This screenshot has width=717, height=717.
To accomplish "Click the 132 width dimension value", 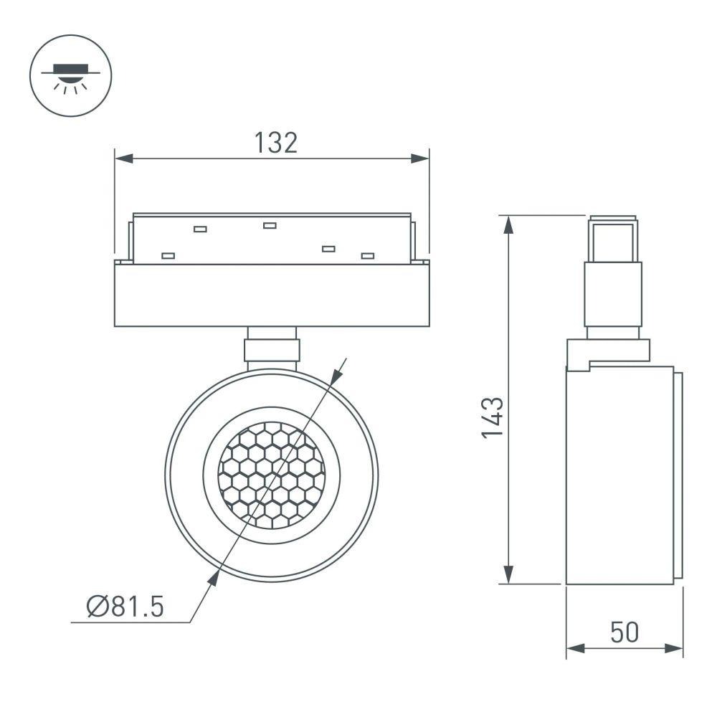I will pos(275,143).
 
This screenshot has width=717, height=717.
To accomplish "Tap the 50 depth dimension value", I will pos(624,632).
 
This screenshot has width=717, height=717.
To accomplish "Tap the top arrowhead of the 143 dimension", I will pos(508,224).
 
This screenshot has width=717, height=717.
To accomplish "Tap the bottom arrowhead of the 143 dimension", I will pos(508,574).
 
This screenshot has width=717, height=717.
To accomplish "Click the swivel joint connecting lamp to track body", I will pos(272,349).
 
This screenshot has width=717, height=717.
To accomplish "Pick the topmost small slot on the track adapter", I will pos(270,226).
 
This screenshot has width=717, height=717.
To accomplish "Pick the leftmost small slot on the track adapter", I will pos(168,255).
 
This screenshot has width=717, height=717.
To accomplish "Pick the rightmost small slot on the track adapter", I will pos(368,256).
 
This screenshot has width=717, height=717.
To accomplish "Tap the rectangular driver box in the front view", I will pos(272,295).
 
